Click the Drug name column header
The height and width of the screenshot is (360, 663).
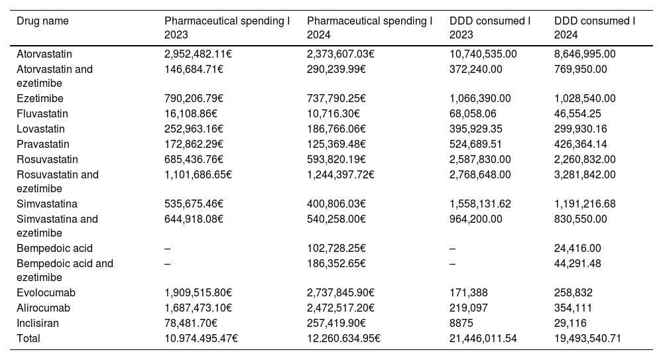pos(42,21)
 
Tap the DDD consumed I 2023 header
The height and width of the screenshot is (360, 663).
pos(490,28)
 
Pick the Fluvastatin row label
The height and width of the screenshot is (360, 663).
pos(42,114)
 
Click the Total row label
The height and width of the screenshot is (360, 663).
pos(29,339)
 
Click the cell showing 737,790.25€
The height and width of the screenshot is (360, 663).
pos(337,99)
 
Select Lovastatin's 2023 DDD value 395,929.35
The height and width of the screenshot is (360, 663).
pos(480,129)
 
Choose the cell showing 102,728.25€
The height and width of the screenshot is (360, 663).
pos(337,249)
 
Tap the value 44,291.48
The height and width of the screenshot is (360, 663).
pos(577,263)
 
